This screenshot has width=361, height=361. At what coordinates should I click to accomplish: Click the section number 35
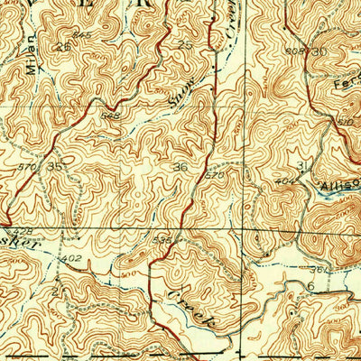click(56, 166)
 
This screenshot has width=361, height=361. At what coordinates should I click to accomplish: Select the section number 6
click(310, 286)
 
